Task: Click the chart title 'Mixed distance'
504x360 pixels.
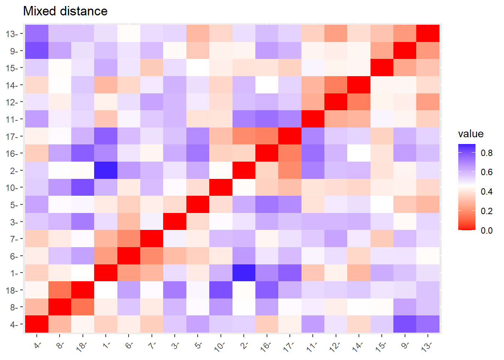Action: pos(65,11)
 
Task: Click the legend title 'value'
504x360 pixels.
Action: pos(471,134)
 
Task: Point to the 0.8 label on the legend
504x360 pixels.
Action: pos(487,153)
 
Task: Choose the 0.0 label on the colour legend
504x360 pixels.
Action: pos(487,231)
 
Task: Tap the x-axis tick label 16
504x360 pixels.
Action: pos(265,345)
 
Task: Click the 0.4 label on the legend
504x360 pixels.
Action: pos(487,192)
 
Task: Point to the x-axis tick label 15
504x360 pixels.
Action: pos(381,345)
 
